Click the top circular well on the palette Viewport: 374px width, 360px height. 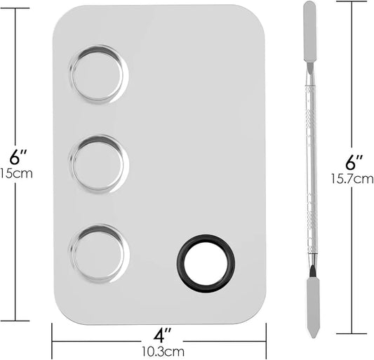[x=99, y=74]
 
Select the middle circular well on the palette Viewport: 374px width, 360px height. [x=99, y=164]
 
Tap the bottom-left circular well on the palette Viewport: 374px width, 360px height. [x=99, y=253]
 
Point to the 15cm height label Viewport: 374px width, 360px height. [x=15, y=173]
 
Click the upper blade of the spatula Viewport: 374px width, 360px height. [x=309, y=32]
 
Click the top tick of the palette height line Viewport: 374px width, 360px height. [x=15, y=9]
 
